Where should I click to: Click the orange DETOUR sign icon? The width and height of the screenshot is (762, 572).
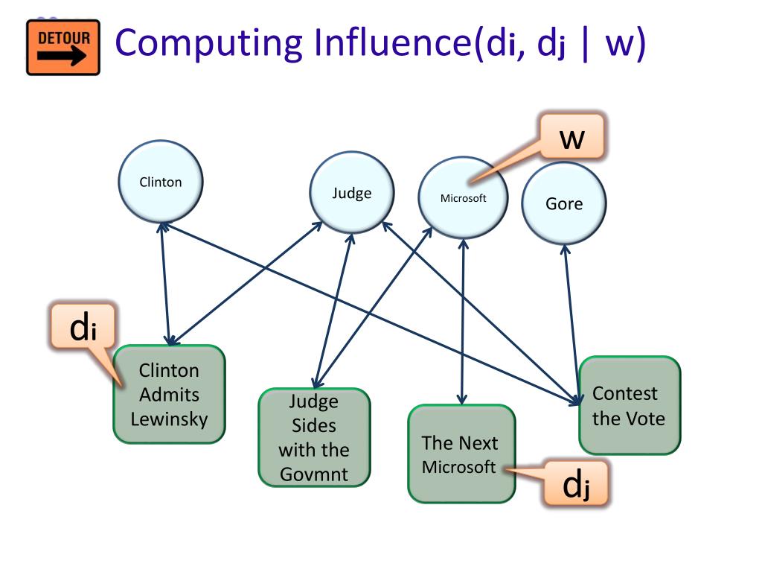(x=63, y=47)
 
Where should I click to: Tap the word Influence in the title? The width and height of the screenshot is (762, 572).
(x=393, y=42)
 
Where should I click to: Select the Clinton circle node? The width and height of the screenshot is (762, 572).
(x=161, y=182)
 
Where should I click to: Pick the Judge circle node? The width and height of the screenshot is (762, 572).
(x=352, y=193)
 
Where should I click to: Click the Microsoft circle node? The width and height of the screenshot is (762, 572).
(x=463, y=197)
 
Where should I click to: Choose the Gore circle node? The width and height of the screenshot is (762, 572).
(x=564, y=203)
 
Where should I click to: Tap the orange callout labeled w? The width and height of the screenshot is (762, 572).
(x=571, y=137)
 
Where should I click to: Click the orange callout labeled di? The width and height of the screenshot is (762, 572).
(x=83, y=326)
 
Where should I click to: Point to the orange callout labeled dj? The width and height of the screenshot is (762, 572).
(x=576, y=483)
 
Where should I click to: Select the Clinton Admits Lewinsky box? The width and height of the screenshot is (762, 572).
(x=169, y=394)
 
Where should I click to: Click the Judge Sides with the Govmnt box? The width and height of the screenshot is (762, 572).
(x=314, y=437)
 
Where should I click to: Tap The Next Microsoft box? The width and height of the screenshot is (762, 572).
(x=461, y=454)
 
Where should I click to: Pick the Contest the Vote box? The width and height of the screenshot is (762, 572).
(x=630, y=405)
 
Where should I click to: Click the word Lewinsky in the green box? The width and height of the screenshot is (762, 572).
(x=169, y=419)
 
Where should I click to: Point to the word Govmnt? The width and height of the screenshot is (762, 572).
(x=314, y=474)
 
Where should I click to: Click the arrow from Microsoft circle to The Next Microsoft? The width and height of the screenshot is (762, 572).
(x=463, y=322)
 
